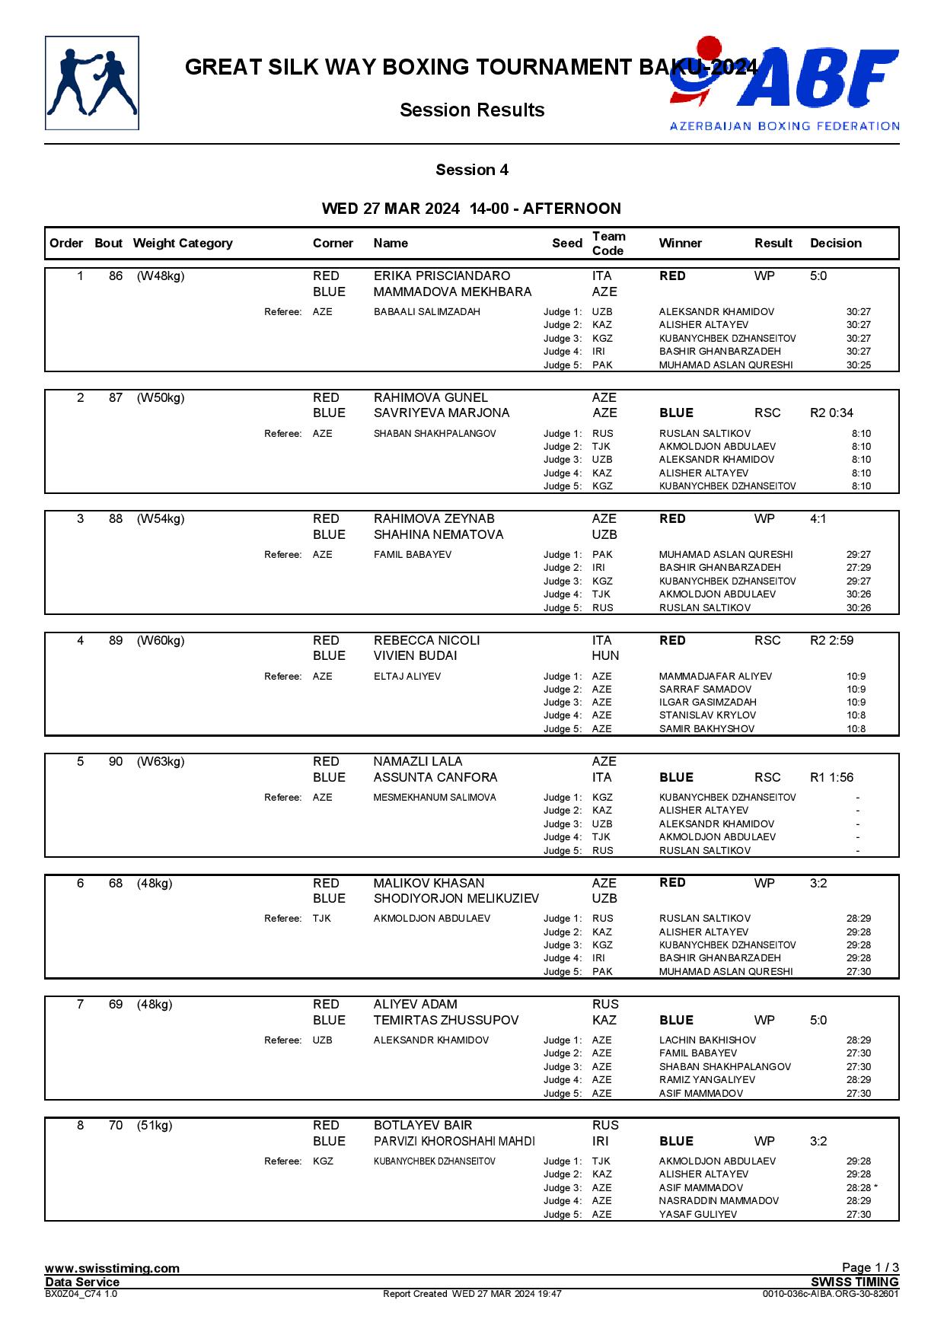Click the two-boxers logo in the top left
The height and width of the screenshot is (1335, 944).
(x=92, y=83)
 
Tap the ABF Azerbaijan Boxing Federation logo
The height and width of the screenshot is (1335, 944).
(x=784, y=84)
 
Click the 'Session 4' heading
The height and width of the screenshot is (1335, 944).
(x=471, y=170)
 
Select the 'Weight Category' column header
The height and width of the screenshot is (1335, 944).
(x=182, y=244)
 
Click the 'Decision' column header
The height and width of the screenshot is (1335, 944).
(x=835, y=244)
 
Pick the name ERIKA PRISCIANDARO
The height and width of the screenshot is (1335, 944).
(x=442, y=276)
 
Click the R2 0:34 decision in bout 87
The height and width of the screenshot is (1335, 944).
(x=831, y=413)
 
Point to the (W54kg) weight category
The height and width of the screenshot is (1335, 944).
(x=161, y=519)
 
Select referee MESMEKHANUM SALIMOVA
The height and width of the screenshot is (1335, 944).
(x=434, y=798)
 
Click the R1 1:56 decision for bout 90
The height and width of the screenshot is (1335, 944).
(x=831, y=778)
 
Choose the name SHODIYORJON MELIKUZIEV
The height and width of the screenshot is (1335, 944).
(x=455, y=899)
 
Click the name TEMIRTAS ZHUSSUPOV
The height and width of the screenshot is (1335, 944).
(x=445, y=1021)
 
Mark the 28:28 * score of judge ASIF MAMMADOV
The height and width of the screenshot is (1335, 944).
(x=861, y=1188)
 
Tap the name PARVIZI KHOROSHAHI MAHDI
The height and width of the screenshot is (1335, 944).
(x=454, y=1142)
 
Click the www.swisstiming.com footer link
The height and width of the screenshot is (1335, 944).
(x=112, y=1268)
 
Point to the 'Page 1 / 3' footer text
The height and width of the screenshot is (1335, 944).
(x=869, y=1267)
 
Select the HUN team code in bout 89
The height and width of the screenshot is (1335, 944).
(x=605, y=656)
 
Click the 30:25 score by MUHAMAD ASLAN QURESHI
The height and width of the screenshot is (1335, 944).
(x=858, y=365)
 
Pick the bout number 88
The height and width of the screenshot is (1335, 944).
(x=115, y=519)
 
